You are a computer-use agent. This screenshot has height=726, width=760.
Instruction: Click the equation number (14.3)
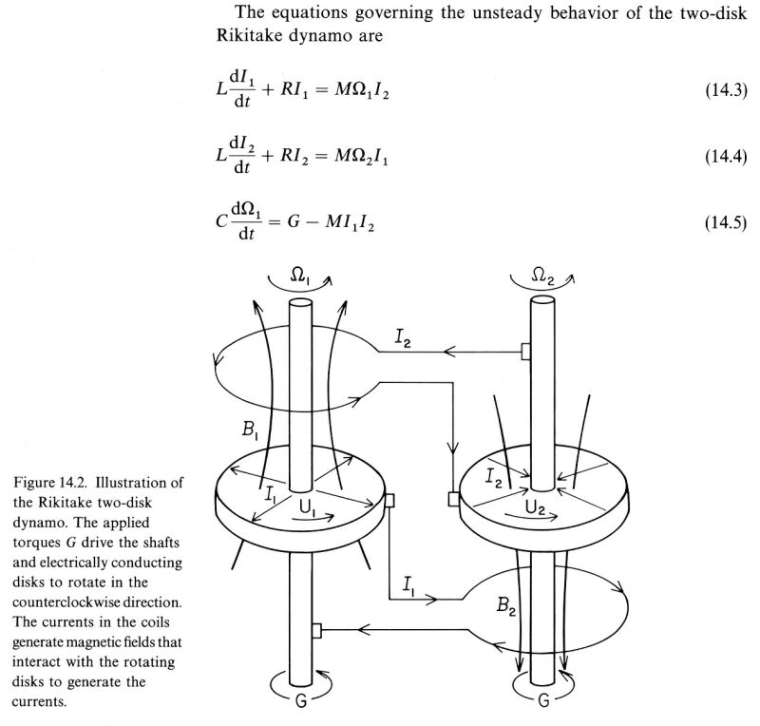726,90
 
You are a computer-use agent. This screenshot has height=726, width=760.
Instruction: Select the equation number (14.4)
726,157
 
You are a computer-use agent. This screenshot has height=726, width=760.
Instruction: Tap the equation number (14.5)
726,223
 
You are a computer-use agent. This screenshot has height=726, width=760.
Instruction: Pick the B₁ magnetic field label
250,430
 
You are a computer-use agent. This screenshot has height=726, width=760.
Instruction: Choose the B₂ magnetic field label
506,606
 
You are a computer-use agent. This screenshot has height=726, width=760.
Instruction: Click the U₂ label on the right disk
535,506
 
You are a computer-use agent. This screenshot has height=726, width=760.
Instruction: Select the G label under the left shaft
301,700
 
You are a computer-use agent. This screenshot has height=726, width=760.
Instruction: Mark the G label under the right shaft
543,700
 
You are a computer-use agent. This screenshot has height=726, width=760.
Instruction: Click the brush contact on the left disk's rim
389,501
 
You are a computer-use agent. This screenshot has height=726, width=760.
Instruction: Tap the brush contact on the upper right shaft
525,351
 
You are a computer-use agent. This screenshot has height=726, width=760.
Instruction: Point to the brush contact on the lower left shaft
316,630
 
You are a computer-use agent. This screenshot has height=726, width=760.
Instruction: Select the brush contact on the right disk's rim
453,499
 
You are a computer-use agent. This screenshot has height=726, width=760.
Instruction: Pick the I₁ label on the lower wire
408,584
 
